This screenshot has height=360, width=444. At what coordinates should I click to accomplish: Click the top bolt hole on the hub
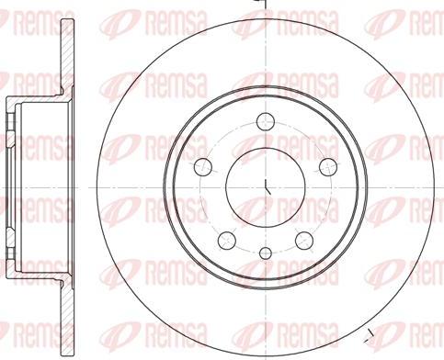coord(266,121)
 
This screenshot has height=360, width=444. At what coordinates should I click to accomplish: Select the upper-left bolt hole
coord(203,167)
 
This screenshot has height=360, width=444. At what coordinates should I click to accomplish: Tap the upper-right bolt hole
coord(328,167)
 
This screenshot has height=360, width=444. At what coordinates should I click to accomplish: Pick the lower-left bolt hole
coord(227,241)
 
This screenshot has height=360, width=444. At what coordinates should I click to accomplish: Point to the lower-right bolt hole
coord(304,241)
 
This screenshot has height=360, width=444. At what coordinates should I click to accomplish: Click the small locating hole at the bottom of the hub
coord(266,253)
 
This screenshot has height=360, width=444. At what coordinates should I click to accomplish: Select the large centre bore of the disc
coord(266,187)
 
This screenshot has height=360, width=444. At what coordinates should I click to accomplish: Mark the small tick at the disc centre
coord(268,187)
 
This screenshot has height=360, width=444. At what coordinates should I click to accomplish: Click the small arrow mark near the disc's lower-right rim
coord(370,335)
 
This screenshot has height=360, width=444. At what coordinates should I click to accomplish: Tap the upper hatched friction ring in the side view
coord(67,55)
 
